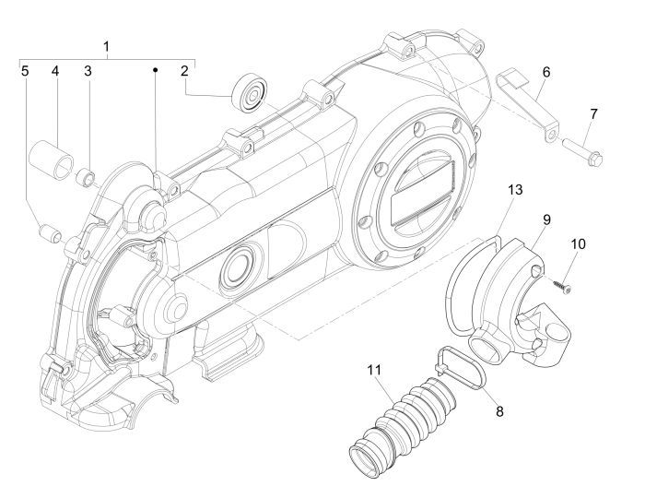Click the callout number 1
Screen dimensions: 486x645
tap(107, 46)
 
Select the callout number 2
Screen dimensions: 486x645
tap(184, 70)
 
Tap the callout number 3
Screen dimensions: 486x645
tap(89, 70)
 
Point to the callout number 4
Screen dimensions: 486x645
tap(55, 70)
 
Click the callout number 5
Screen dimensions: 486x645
tap(26, 70)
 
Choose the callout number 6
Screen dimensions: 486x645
tap(546, 71)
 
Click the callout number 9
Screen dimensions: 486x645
tap(547, 219)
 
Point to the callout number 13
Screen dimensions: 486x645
tap(515, 189)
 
